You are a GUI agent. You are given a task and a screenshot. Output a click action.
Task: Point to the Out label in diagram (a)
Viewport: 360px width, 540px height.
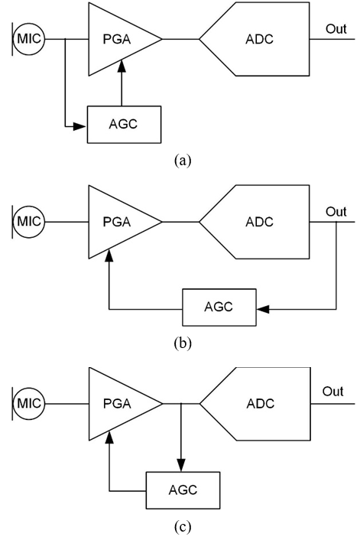click(x=336, y=29)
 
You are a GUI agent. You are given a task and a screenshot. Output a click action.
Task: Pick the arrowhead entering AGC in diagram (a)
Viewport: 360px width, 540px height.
click(x=79, y=127)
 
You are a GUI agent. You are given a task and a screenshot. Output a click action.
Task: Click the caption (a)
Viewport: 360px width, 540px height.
click(x=183, y=161)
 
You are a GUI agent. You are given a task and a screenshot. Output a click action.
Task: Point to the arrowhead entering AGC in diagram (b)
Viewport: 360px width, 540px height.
click(x=263, y=309)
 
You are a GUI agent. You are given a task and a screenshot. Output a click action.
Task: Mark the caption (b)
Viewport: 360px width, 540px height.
click(x=183, y=343)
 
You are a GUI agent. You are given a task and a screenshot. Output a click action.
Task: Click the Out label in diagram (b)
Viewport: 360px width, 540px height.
click(x=336, y=211)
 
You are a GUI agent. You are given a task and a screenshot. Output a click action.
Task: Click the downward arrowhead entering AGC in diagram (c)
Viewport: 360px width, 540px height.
click(x=181, y=465)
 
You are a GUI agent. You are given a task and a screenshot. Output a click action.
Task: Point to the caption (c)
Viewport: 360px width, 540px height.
click(x=183, y=526)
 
